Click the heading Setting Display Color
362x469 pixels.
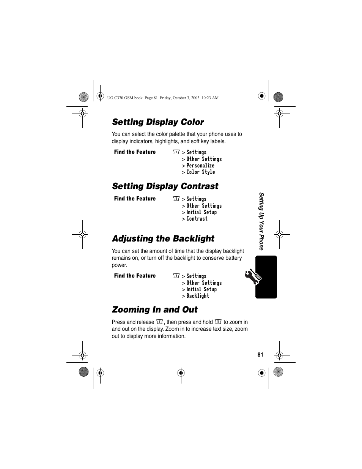click(x=158, y=122)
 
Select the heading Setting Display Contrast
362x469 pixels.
click(x=165, y=186)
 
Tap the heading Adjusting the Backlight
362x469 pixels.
click(x=163, y=238)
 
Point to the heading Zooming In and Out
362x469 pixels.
click(x=155, y=310)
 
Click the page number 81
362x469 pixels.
click(x=260, y=355)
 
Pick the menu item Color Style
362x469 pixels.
click(x=200, y=172)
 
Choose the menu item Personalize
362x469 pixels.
click(x=200, y=166)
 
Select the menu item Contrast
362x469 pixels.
click(x=197, y=219)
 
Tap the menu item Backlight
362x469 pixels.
click(x=198, y=296)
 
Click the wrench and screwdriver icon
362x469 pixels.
click(x=253, y=277)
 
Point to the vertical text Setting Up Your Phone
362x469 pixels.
click(x=261, y=221)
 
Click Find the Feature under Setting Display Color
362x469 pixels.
click(x=135, y=152)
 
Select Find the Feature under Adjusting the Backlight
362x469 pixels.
click(x=135, y=276)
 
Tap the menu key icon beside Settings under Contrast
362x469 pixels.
click(x=176, y=199)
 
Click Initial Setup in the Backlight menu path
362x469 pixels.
click(x=201, y=289)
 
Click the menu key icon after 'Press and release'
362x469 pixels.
click(x=159, y=322)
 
